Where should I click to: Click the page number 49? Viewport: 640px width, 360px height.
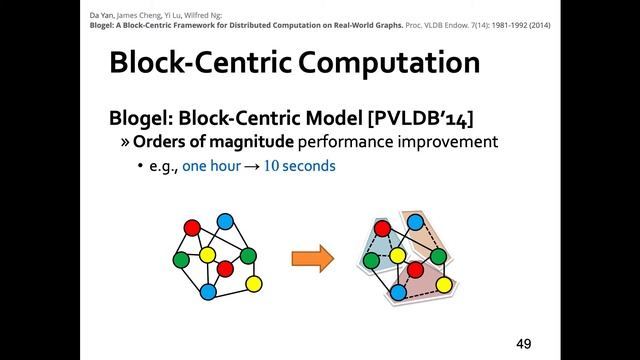pyautogui.click(x=523, y=343)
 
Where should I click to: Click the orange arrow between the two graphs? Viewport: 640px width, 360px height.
pyautogui.click(x=312, y=260)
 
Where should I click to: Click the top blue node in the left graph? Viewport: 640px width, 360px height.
pyautogui.click(x=225, y=220)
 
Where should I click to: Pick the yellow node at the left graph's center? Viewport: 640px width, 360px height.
pyautogui.click(x=207, y=255)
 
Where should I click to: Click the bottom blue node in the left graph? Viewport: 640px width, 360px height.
pyautogui.click(x=208, y=292)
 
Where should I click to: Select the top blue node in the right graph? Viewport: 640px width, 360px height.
pyautogui.click(x=415, y=220)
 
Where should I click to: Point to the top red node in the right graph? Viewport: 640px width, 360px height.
pyautogui.click(x=381, y=228)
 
